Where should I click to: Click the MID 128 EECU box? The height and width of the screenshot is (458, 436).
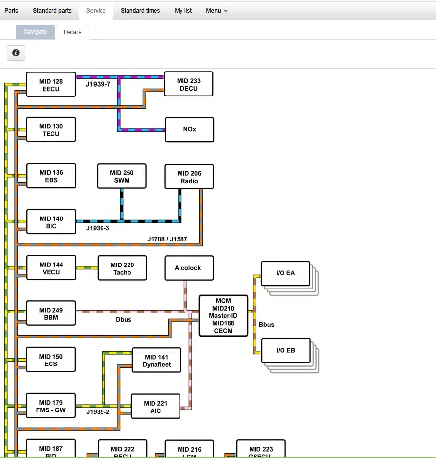point(51,85)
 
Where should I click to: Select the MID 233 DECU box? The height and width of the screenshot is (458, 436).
point(188,84)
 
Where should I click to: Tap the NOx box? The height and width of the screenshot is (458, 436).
point(189,129)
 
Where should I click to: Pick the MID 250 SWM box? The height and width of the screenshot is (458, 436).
point(122,176)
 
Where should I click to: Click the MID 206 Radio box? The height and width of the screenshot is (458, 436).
point(189,177)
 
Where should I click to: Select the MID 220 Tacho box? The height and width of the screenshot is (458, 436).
point(122,268)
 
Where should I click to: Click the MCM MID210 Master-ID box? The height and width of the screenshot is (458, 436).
point(223,316)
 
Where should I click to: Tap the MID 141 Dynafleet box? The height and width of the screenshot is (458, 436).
point(156,361)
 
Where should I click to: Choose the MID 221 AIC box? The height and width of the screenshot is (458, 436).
point(155,407)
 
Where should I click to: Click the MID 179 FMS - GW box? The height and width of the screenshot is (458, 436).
point(51,406)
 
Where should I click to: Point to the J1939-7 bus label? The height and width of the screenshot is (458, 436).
point(98,84)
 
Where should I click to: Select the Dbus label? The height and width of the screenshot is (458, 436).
point(124,320)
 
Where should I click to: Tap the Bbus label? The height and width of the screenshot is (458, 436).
point(266,324)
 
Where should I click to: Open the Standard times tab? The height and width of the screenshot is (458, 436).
point(140,10)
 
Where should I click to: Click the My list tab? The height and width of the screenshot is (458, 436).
point(183,10)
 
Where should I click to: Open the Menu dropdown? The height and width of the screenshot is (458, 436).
point(216,10)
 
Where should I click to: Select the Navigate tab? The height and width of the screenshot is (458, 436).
point(35,32)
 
